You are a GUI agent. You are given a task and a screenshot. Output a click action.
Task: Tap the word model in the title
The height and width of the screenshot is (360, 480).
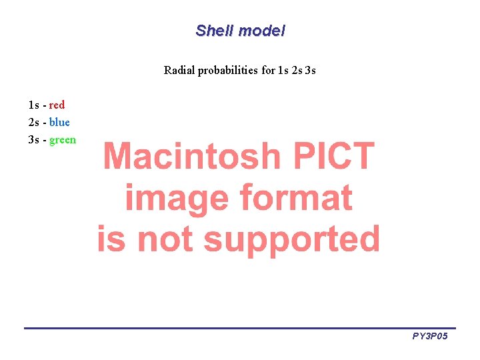point(261,31)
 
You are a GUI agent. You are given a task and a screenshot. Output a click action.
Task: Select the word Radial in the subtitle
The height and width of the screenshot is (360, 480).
point(179,70)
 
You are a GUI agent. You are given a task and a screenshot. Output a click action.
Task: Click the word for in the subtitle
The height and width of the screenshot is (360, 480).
point(268,70)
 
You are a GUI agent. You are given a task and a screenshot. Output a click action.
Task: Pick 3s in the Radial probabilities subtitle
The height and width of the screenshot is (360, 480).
point(310,70)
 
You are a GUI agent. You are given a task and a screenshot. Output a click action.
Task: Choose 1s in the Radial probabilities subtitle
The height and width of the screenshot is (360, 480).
point(283,70)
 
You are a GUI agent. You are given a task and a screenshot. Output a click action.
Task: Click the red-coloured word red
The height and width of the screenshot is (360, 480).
point(57,105)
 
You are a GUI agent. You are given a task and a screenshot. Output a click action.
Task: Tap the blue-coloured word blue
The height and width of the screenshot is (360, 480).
point(59,122)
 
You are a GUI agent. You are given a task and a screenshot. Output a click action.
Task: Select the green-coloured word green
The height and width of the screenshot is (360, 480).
point(63,139)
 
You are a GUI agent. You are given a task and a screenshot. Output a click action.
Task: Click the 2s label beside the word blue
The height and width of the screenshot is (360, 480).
point(34,122)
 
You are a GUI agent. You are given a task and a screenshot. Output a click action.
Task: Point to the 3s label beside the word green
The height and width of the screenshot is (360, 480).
point(34,139)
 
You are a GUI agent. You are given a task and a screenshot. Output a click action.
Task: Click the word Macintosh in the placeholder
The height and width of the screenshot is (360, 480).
point(192,157)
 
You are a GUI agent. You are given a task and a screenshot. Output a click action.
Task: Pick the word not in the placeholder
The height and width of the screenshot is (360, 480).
point(164,239)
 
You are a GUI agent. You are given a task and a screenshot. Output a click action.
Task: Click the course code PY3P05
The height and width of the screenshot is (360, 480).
point(429,337)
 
